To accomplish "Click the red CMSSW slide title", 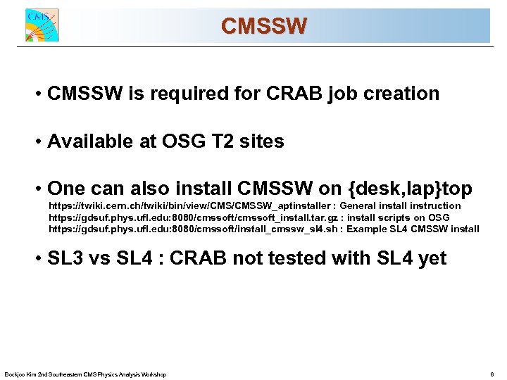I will [x=263, y=27].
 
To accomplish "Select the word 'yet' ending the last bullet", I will [x=432, y=258].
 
